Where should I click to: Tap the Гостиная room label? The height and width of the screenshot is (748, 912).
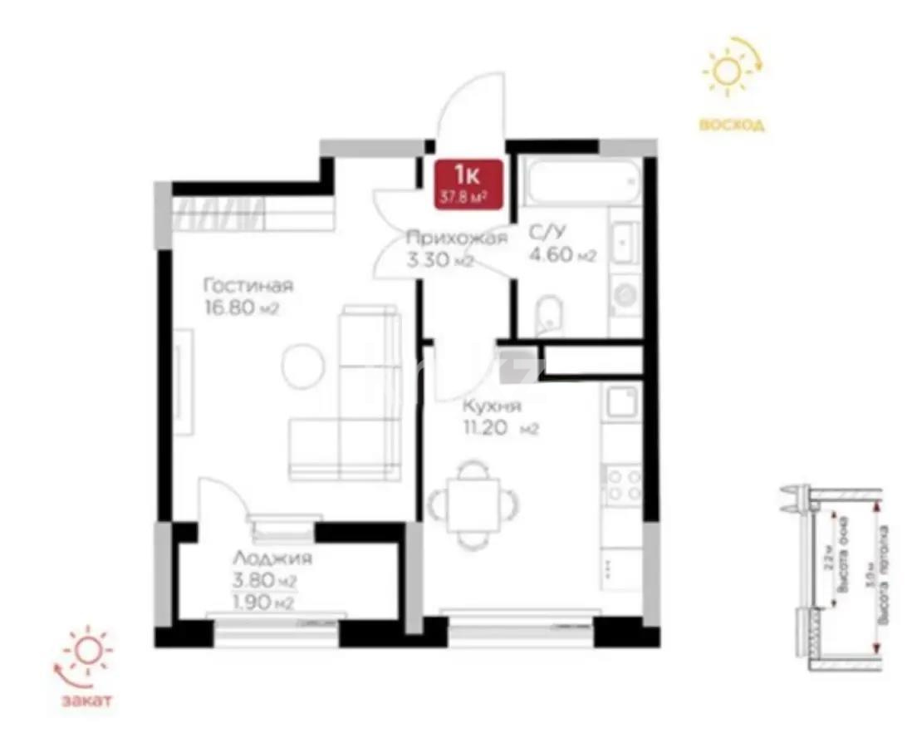(x=248, y=287)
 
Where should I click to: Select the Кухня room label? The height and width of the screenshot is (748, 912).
(x=493, y=406)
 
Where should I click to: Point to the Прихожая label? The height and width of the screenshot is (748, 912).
(x=456, y=239)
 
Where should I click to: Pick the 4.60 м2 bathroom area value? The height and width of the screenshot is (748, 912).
(x=562, y=256)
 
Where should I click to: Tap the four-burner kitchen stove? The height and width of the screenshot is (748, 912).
(x=623, y=485)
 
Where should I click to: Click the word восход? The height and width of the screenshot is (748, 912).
(x=731, y=125)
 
